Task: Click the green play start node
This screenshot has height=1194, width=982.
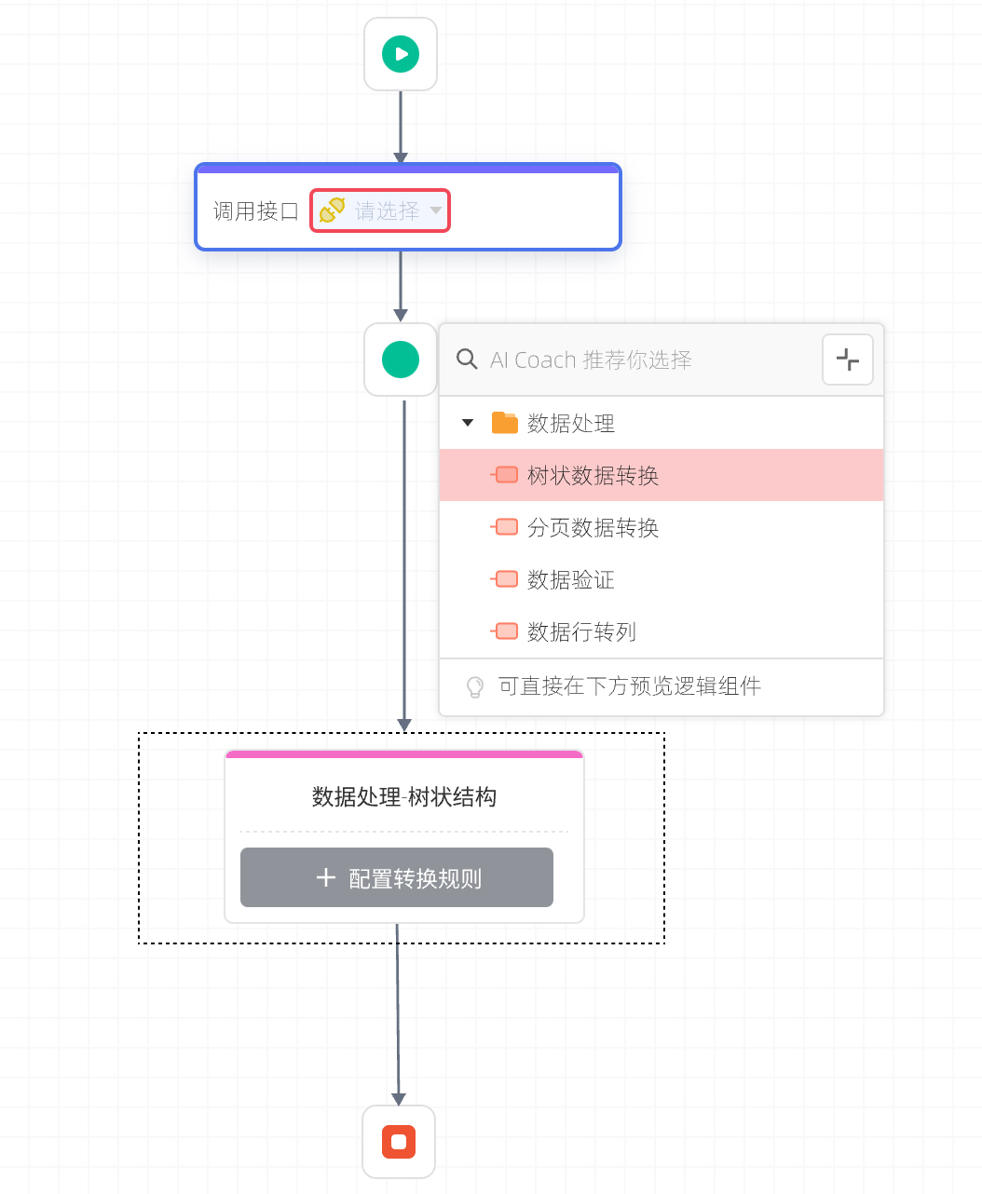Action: pyautogui.click(x=401, y=54)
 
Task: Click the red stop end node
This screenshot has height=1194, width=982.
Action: pyautogui.click(x=399, y=1141)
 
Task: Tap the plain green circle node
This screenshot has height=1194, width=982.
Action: pyautogui.click(x=401, y=360)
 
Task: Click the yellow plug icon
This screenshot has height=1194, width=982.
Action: pyautogui.click(x=333, y=210)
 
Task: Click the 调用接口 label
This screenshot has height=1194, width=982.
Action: pyautogui.click(x=255, y=211)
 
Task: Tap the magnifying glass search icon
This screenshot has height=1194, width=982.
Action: pyautogui.click(x=467, y=360)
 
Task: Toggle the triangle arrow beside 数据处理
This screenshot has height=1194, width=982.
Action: pyautogui.click(x=468, y=423)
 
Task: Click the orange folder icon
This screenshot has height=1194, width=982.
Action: pyautogui.click(x=504, y=423)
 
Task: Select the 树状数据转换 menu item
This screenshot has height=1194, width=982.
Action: pyautogui.click(x=593, y=476)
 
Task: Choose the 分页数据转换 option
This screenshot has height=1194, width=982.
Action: pyautogui.click(x=593, y=528)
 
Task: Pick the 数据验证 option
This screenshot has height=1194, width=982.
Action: pyautogui.click(x=570, y=580)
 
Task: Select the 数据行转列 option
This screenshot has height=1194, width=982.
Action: pyautogui.click(x=581, y=632)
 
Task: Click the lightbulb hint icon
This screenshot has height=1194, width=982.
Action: pyautogui.click(x=475, y=687)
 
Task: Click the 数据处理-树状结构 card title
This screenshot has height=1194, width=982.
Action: pyautogui.click(x=404, y=797)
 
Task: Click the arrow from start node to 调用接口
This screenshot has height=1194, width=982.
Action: pyautogui.click(x=401, y=127)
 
